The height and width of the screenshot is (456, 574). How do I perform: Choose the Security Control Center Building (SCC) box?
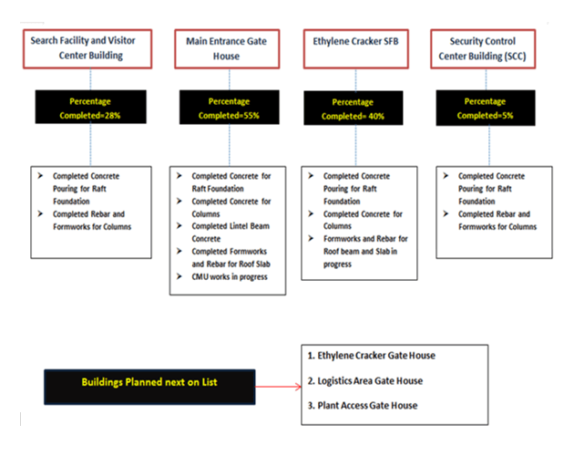tap(491, 48)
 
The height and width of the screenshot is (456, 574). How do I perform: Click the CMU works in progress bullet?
tap(228, 276)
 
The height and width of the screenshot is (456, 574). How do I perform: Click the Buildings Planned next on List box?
tap(149, 386)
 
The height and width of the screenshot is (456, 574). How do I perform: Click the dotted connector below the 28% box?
tap(90, 147)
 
